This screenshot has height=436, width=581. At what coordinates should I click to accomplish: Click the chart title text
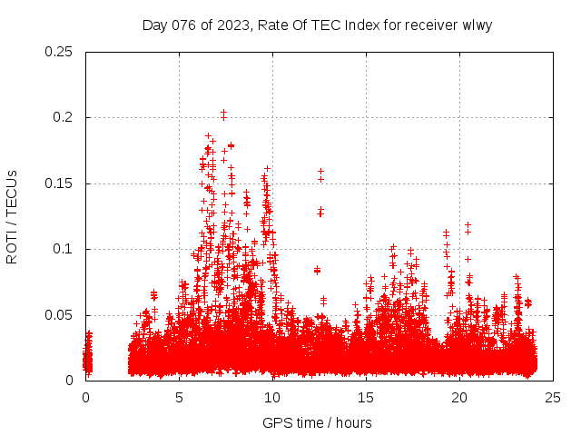(x=317, y=25)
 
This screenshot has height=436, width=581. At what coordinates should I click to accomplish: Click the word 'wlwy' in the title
(x=478, y=25)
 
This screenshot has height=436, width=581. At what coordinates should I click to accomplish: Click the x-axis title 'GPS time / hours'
(x=317, y=422)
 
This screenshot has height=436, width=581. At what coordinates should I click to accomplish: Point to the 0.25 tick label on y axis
(x=59, y=52)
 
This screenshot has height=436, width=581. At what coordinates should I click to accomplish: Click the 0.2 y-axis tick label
(x=63, y=118)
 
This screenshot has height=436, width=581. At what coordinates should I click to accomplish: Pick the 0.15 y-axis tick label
(x=59, y=183)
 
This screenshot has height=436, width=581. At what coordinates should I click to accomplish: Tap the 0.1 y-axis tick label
(x=63, y=249)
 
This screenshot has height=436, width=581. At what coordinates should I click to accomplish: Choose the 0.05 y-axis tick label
(x=59, y=315)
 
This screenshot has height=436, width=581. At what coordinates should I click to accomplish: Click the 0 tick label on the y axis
(x=70, y=381)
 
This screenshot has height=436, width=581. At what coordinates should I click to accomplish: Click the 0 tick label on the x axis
(x=86, y=397)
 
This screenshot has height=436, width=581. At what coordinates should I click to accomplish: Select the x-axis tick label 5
(x=180, y=397)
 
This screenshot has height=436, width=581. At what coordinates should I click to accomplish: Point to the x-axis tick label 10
(x=272, y=397)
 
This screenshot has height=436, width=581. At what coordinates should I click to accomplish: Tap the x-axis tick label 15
(x=366, y=397)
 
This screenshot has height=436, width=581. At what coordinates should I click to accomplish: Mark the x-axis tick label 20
(x=459, y=397)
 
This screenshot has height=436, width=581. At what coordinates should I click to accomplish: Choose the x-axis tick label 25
(x=553, y=397)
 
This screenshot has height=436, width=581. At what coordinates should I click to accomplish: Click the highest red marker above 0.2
(x=223, y=112)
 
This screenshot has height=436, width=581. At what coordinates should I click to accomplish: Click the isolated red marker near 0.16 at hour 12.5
(x=320, y=171)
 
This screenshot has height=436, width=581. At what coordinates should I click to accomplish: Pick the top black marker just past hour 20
(x=468, y=224)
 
